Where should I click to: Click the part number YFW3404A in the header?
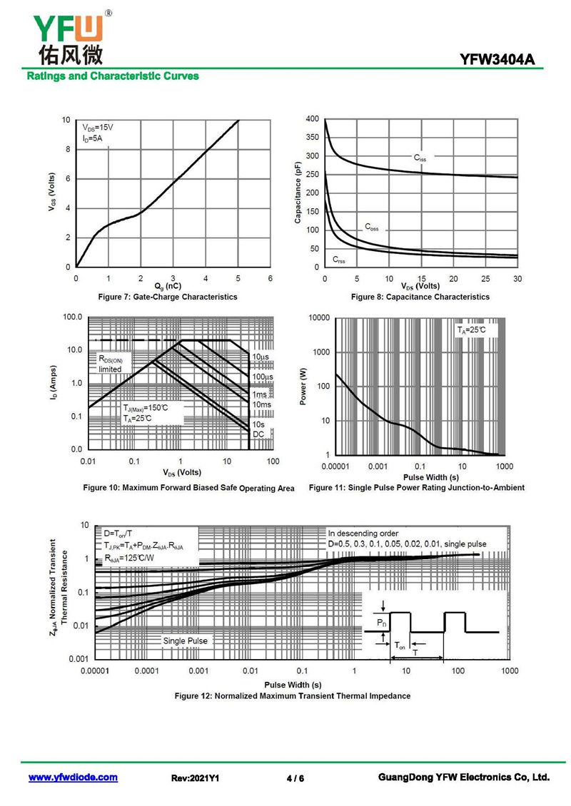coord(502,60)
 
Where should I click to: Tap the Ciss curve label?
coord(420,158)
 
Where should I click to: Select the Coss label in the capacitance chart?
coord(371,228)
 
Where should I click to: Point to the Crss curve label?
coord(338,259)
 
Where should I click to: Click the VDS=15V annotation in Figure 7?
coord(98,126)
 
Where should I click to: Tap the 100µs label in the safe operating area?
coord(262,376)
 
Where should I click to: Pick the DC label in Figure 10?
coord(258,434)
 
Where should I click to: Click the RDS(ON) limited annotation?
coord(113,364)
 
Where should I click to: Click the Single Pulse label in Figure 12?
coord(185,641)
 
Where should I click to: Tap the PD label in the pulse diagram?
coord(382,623)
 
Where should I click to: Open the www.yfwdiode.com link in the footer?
coord(73,777)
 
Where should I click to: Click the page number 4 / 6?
coord(295,778)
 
